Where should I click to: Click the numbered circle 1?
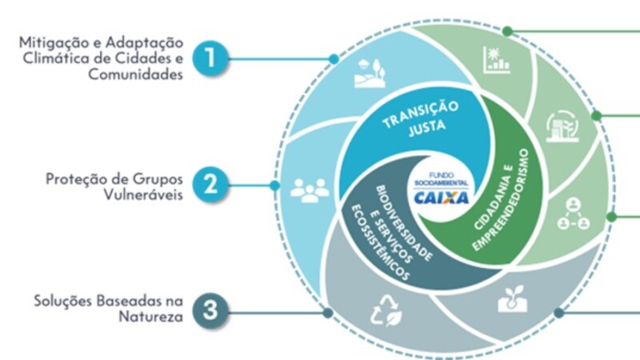coord(210,58)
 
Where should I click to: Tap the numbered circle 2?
coord(210,185)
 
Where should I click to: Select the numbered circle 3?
coord(210,310)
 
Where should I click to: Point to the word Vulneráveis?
coord(143,194)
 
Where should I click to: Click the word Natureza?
coord(151,317)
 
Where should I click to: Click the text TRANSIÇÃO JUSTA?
coord(422,118)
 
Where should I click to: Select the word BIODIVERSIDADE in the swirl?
coord(404,223)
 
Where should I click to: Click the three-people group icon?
coord(310,190)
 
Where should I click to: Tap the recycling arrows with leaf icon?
coord(386,311)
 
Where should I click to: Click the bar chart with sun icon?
coord(496,60)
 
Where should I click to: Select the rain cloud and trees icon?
coord(370,74)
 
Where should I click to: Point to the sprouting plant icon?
coord(513,298)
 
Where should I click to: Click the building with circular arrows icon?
coord(562,126)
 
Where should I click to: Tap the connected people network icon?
coord(574,214)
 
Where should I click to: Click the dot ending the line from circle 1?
coord(334,59)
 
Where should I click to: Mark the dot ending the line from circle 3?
coord(328,313)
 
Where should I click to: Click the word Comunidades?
coord(135,74)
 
